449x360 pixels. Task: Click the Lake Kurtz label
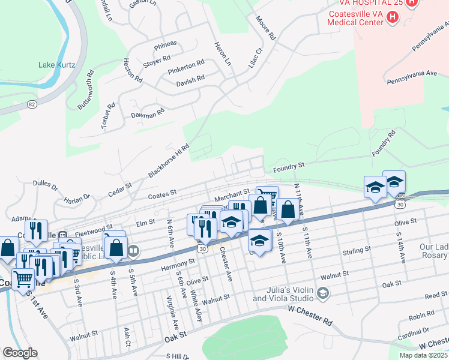55,65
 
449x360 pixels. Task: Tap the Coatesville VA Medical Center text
355,18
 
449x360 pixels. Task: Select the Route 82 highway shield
32,104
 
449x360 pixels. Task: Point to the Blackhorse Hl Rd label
169,161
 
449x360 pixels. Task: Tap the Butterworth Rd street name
86,90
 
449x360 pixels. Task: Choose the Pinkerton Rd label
186,64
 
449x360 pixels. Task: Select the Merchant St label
232,193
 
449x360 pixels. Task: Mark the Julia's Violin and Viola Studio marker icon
323,293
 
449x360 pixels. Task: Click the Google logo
20,353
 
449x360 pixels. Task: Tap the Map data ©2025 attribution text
423,355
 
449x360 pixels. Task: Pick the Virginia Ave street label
172,313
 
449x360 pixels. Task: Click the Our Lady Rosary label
433,251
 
